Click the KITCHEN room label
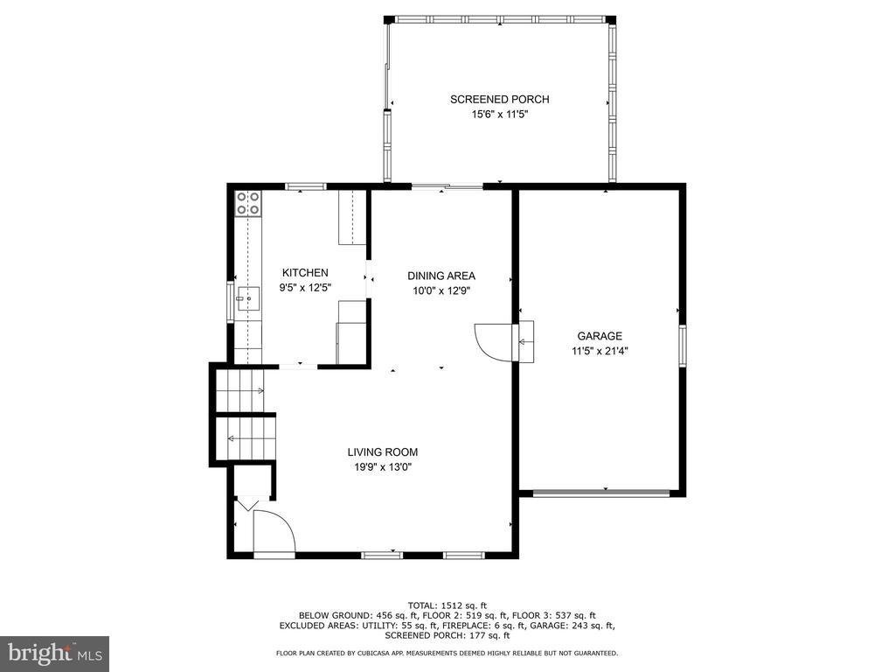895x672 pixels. pyautogui.click(x=305, y=273)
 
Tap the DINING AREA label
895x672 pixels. pyautogui.click(x=441, y=276)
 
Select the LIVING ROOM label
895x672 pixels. pyautogui.click(x=383, y=452)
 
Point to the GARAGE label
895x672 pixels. pyautogui.click(x=600, y=337)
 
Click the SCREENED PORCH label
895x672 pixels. pyautogui.click(x=499, y=100)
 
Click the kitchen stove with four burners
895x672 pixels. pyautogui.click(x=248, y=203)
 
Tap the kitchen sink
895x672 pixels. pyautogui.click(x=248, y=299)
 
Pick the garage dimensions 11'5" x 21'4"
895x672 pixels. pyautogui.click(x=600, y=352)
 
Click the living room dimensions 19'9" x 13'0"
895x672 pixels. pyautogui.click(x=383, y=467)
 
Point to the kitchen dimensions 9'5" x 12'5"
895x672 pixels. pyautogui.click(x=305, y=288)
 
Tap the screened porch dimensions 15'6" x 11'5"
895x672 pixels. pyautogui.click(x=499, y=115)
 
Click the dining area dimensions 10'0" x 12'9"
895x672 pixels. pyautogui.click(x=441, y=290)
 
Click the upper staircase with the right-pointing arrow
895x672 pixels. pyautogui.click(x=240, y=391)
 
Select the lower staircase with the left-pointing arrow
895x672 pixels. pyautogui.click(x=246, y=438)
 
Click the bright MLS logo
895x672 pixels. pyautogui.click(x=55, y=652)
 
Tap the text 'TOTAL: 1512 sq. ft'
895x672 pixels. pyautogui.click(x=447, y=605)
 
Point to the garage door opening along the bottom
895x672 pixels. pyautogui.click(x=601, y=493)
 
